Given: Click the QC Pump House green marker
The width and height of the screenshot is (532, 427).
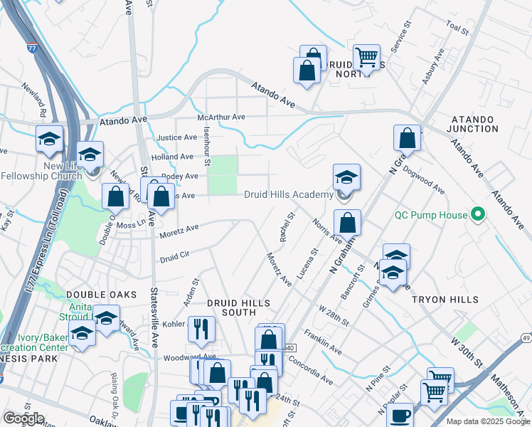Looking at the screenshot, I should click(479, 214).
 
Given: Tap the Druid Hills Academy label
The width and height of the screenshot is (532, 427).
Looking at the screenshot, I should click(289, 195).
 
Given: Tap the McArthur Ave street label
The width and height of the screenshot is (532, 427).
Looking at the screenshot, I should click(221, 117).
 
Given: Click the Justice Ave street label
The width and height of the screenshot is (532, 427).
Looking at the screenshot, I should click(176, 137).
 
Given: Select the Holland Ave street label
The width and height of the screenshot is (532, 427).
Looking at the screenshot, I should click(172, 157).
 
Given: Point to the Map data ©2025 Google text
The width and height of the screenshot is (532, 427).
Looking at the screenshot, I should click(487, 421).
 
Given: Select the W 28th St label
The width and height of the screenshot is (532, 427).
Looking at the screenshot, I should click(334, 316).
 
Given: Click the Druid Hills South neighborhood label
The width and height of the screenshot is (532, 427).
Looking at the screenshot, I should click(231, 307).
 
